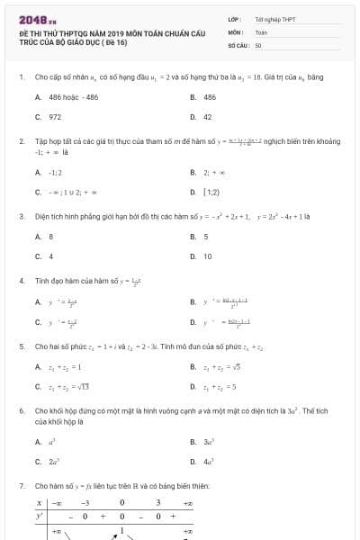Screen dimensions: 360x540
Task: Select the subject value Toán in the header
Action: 261,31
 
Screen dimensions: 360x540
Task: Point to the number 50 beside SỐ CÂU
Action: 258,44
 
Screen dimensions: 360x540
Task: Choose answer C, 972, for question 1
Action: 55,117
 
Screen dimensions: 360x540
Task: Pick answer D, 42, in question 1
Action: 207,117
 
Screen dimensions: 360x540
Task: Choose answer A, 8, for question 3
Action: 50,237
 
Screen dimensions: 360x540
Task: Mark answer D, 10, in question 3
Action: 207,256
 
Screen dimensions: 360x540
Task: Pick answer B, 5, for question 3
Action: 205,237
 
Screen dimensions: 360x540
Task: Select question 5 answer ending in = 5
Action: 220,387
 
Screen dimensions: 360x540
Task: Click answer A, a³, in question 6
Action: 51,442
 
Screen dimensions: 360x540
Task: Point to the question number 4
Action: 21,281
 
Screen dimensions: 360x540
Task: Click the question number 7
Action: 21,486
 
